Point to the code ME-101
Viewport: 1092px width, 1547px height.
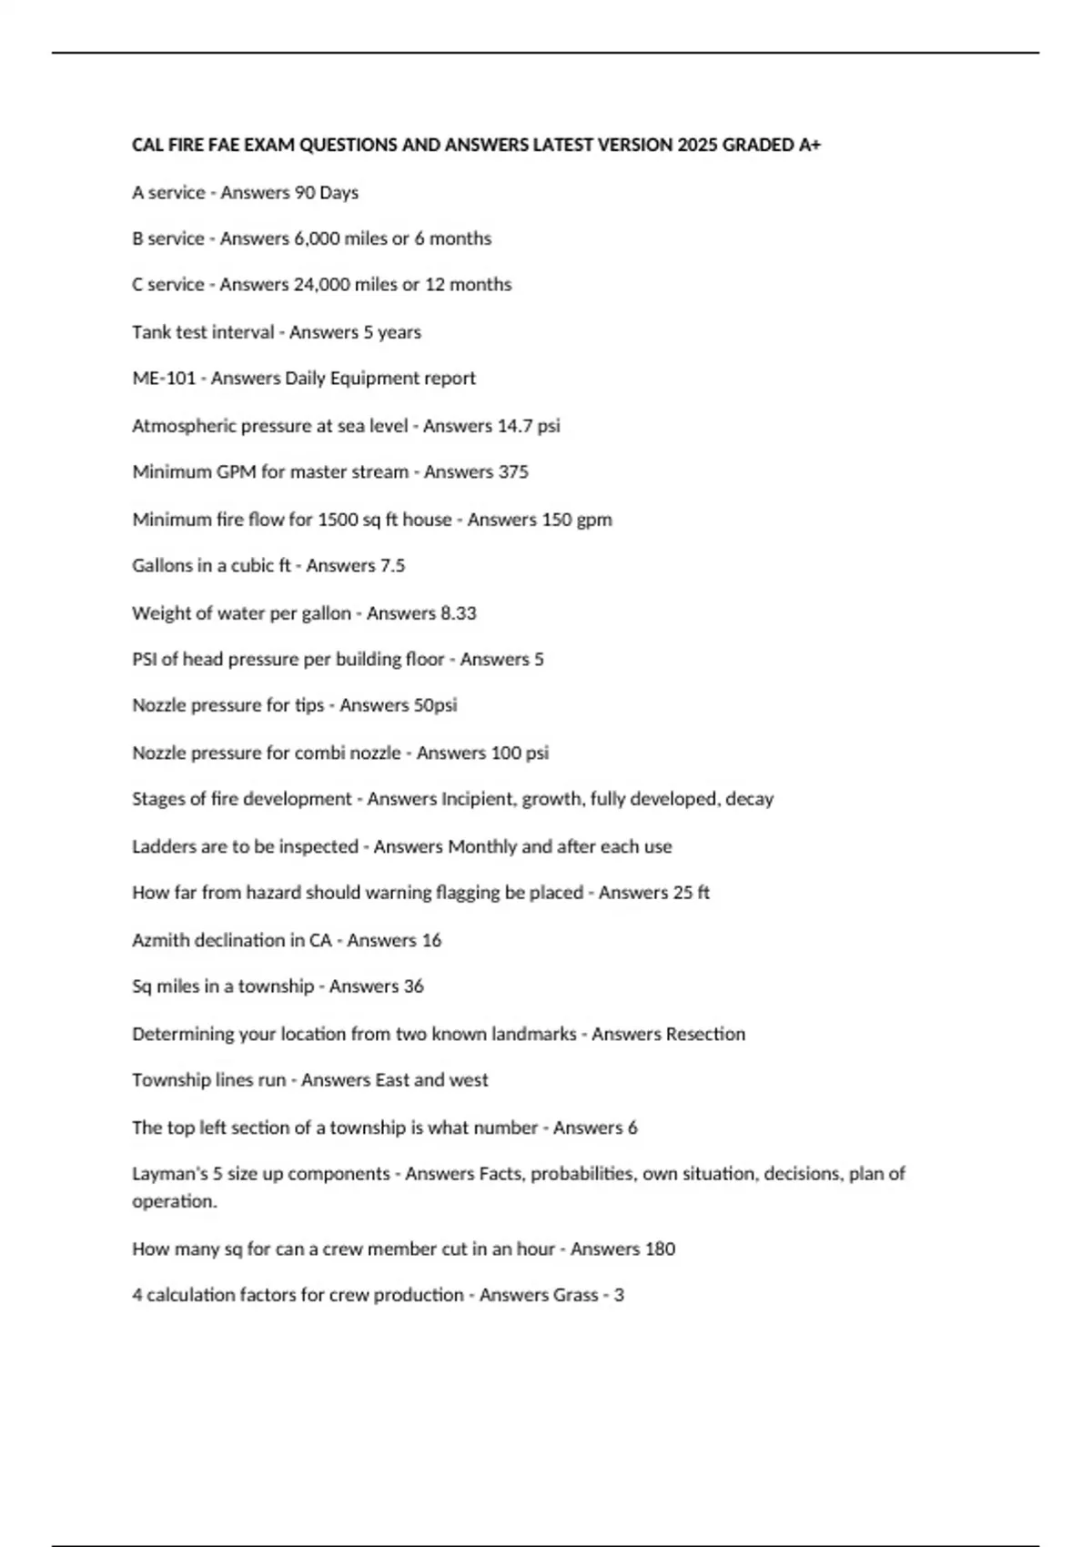coord(164,379)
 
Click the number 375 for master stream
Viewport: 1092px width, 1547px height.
coord(512,472)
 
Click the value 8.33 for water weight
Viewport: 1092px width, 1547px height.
coord(459,613)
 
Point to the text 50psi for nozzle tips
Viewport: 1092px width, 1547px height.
coord(434,705)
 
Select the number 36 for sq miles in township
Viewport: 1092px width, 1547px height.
coord(413,986)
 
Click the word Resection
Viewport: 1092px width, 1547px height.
coord(705,1034)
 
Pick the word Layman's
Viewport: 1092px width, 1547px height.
coord(170,1174)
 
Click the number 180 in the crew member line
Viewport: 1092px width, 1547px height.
coord(660,1249)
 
